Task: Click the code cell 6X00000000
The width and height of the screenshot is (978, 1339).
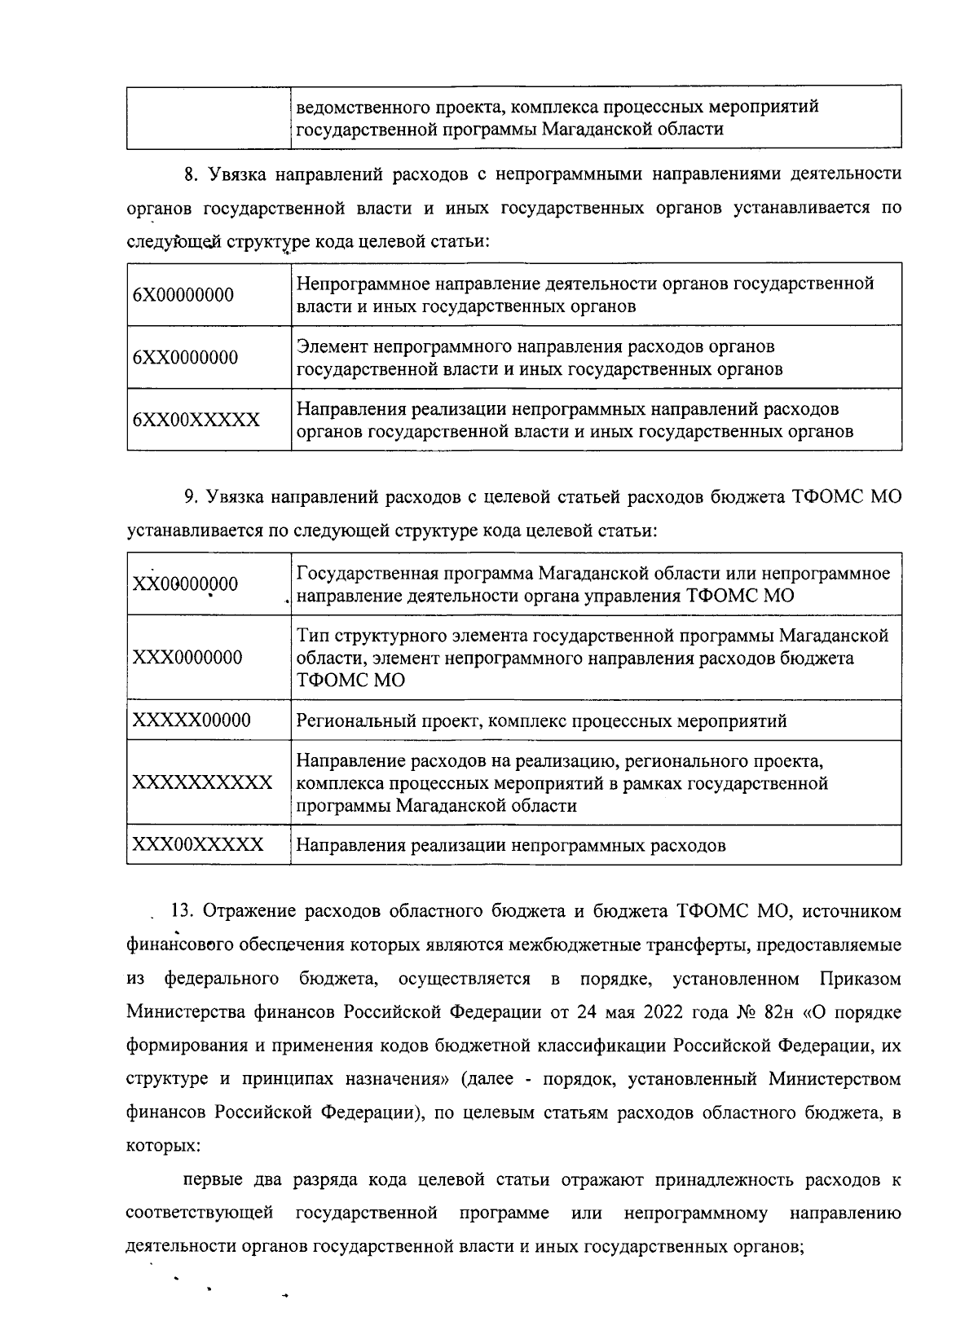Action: pos(183,295)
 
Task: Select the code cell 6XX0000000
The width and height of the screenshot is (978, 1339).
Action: pos(186,358)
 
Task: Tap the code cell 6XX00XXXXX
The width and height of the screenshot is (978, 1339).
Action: pos(196,421)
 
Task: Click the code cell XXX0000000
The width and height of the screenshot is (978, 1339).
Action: pos(187,658)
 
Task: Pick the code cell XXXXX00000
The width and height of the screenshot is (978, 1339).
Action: pos(192,720)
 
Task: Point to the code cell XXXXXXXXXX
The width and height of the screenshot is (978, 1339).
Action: pos(202,783)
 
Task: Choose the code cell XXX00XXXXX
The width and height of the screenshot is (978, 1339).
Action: pos(198,844)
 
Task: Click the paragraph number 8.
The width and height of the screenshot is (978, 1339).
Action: pos(191,174)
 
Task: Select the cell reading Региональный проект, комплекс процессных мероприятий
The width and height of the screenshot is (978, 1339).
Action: pos(541,721)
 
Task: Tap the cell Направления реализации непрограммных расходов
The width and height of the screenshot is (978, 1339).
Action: pos(510,845)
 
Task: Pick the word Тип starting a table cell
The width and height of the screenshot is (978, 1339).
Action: pos(311,635)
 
